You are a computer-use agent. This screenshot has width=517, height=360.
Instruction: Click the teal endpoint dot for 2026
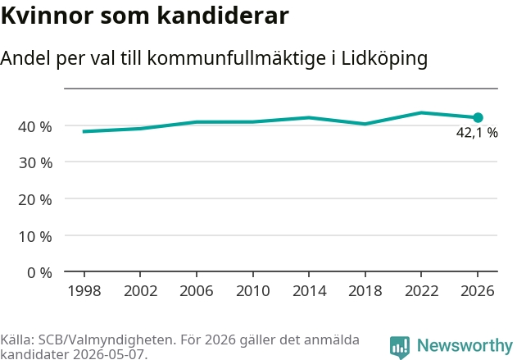[478, 117]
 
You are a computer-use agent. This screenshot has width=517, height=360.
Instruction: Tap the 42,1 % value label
[477, 133]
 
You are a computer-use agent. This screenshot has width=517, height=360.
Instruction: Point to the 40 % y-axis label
[35, 127]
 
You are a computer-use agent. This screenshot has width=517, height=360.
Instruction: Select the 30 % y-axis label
[35, 163]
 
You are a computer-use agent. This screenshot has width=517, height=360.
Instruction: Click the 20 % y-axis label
[35, 200]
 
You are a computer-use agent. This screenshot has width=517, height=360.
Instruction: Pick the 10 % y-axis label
[35, 237]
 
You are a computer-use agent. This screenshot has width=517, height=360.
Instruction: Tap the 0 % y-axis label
[39, 273]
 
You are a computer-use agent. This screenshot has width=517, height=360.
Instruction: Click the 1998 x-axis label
[84, 291]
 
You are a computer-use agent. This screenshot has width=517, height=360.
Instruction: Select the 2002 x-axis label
[140, 291]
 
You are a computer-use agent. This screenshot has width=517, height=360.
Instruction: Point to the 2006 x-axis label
[197, 291]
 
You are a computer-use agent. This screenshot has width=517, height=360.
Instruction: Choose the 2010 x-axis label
[253, 291]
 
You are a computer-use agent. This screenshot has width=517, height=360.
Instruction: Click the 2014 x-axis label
[309, 291]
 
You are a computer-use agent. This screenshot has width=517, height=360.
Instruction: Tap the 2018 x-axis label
[365, 291]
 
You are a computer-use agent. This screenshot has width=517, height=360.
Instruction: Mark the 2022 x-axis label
[421, 291]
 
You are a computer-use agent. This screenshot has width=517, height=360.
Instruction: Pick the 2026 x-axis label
[478, 291]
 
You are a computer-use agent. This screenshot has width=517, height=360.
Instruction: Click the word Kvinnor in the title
[48, 16]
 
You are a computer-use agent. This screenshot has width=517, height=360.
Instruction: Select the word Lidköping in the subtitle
[384, 59]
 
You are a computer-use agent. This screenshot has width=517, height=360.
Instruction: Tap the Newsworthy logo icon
[400, 347]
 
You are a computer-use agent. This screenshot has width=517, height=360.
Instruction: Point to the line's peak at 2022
[421, 113]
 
